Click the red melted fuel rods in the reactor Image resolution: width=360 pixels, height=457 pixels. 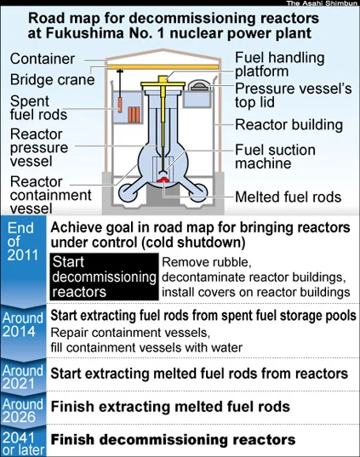163,180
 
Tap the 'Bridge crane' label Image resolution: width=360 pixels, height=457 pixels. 53,79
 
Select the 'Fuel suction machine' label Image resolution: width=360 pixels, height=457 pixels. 275,157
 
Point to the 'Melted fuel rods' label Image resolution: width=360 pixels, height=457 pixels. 288,197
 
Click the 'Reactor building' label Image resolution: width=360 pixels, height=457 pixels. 289,125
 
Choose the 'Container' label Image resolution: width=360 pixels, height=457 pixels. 43,59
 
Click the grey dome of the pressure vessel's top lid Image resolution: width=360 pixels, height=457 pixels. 199,86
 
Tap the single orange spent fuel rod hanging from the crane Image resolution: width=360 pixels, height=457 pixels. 120,105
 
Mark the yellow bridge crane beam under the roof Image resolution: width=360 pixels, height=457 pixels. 163,67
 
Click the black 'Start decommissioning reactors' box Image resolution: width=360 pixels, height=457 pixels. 104,277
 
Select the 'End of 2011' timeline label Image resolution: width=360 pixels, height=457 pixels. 23,242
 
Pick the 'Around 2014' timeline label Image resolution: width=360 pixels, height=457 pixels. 23,325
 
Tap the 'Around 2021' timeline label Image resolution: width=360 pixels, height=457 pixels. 23,377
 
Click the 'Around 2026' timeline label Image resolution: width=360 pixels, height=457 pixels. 23,410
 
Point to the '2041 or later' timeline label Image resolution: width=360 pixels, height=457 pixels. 23,444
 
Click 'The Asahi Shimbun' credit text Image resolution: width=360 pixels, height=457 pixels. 322,3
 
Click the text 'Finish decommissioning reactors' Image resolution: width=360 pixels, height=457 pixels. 173,439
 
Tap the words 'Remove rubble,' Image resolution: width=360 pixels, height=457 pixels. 206,262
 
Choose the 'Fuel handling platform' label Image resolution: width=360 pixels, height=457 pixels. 279,65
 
